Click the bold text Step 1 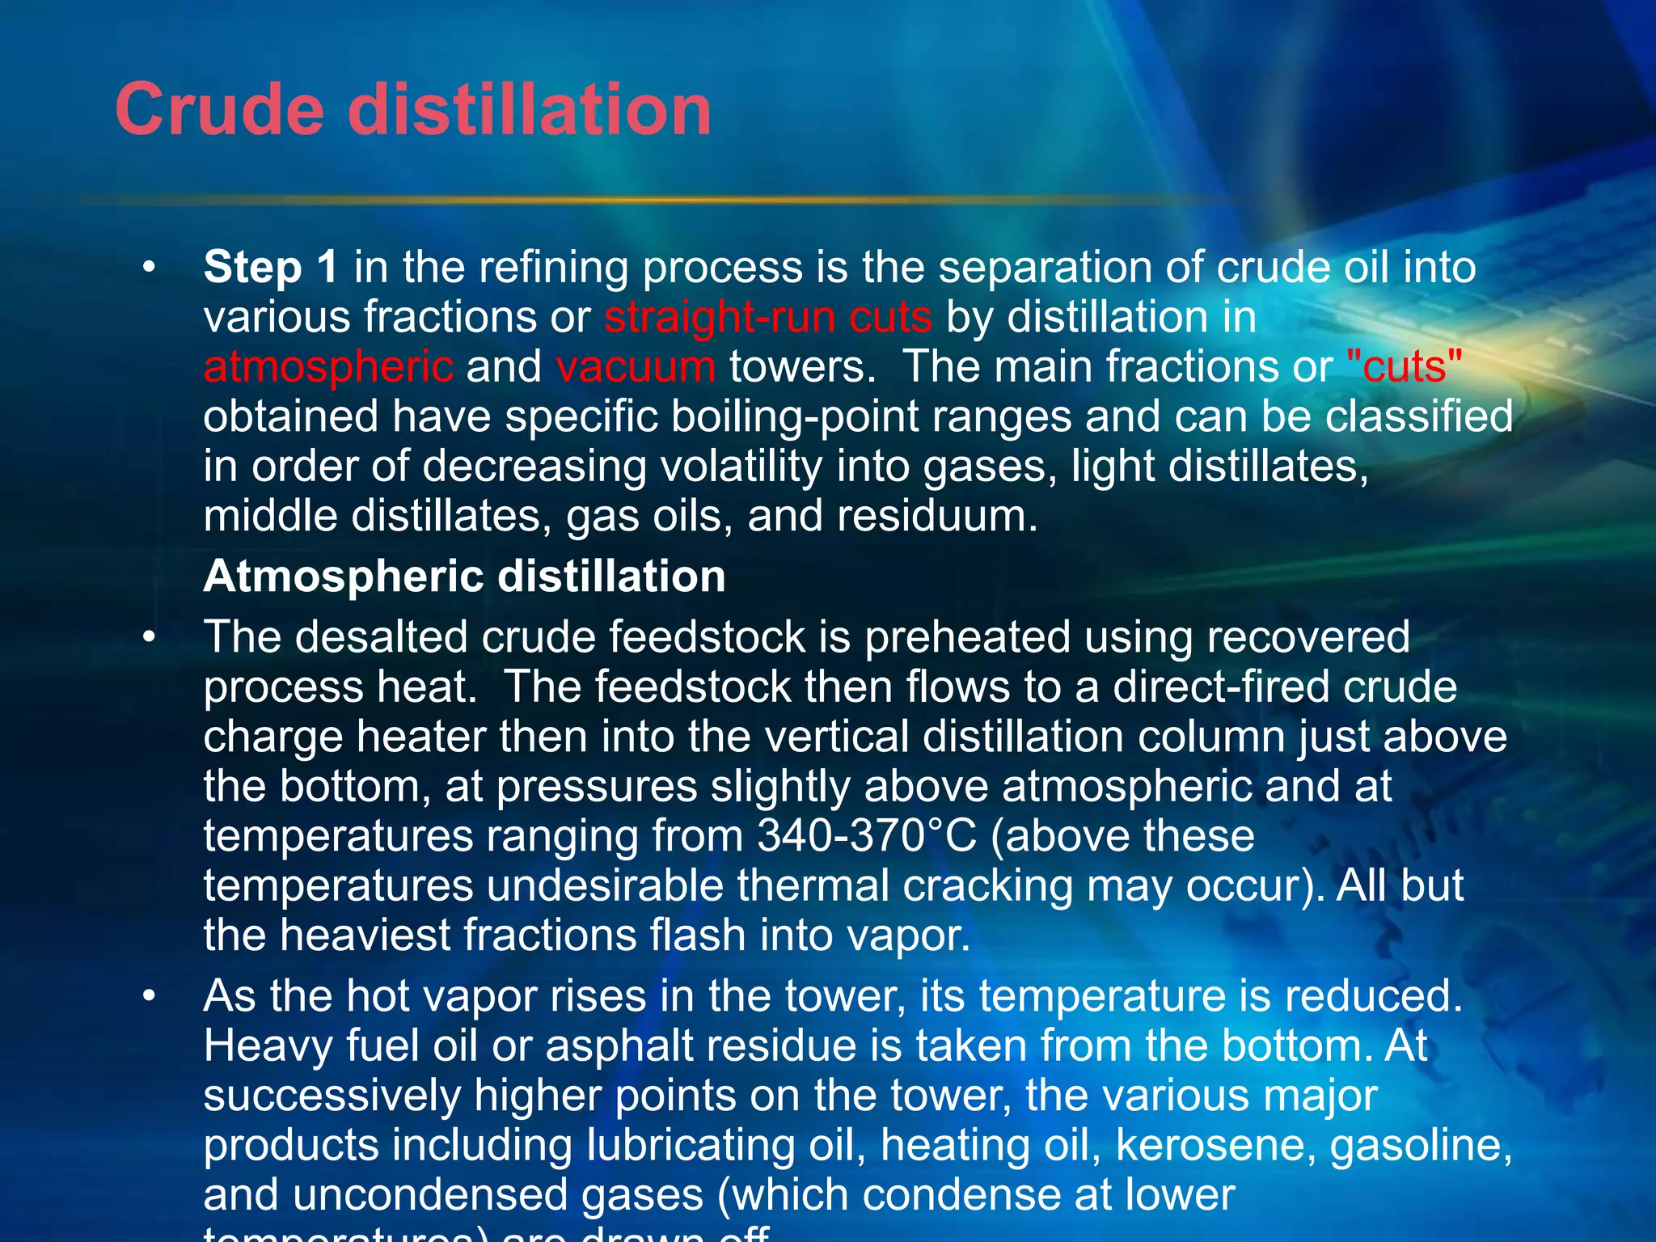coord(271,267)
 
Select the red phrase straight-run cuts coord(768,316)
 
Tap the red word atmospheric coord(328,366)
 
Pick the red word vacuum coord(636,366)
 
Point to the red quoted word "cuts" coord(1405,366)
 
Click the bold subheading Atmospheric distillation coord(464,577)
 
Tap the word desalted coord(382,636)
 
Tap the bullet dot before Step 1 coord(148,268)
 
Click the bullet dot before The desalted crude coord(148,637)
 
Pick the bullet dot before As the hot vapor coord(148,996)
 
